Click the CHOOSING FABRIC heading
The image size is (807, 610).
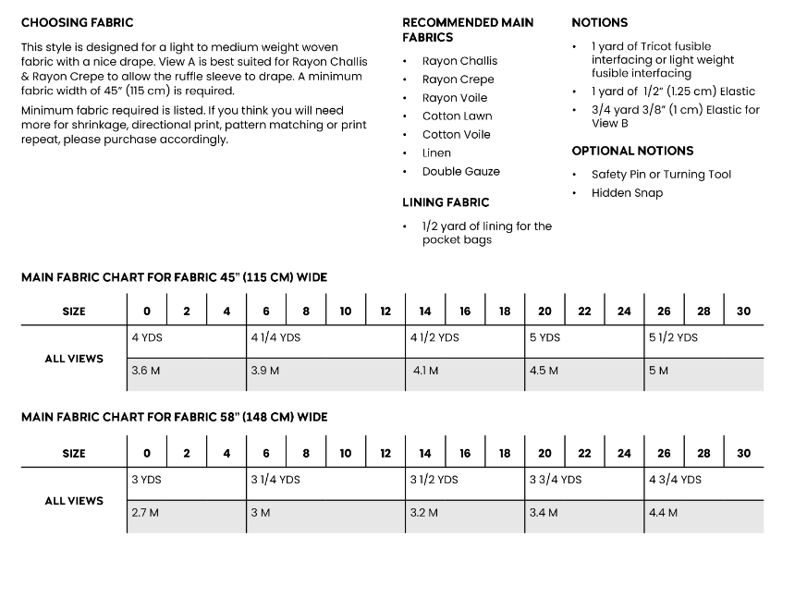pyautogui.click(x=77, y=22)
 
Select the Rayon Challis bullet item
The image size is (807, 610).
pyautogui.click(x=459, y=61)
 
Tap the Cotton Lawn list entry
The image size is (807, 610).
pyautogui.click(x=457, y=116)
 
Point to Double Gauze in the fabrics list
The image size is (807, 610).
pyautogui.click(x=460, y=172)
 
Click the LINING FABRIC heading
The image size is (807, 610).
pyautogui.click(x=446, y=202)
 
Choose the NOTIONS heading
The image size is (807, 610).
pyautogui.click(x=599, y=22)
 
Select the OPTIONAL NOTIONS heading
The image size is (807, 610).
pyautogui.click(x=632, y=151)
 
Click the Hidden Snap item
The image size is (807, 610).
pyautogui.click(x=627, y=193)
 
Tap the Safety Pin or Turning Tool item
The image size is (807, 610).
pyautogui.click(x=661, y=175)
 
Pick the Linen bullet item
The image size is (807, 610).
pyautogui.click(x=436, y=153)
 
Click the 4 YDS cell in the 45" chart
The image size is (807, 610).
pyautogui.click(x=147, y=338)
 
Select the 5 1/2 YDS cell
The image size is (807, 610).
pyautogui.click(x=673, y=338)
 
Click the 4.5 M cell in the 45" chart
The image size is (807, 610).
pyautogui.click(x=544, y=372)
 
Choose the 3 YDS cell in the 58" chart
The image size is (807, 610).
pyautogui.click(x=147, y=480)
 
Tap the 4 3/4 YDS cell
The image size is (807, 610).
pyautogui.click(x=677, y=480)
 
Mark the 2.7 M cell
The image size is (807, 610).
pyautogui.click(x=145, y=513)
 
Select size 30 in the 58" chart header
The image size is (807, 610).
pyautogui.click(x=743, y=454)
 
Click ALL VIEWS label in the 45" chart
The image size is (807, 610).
pyautogui.click(x=74, y=359)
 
